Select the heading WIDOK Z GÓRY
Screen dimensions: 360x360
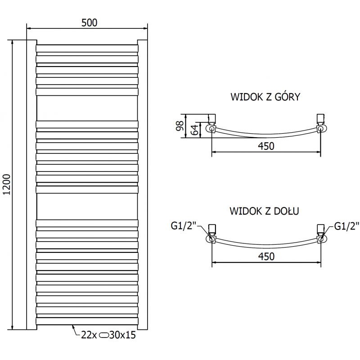coord(265,97)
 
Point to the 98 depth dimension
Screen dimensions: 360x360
coord(180,125)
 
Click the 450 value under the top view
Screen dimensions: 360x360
coord(266,145)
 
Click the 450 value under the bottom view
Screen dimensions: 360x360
coord(266,256)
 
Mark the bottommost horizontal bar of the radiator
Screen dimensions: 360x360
coord(87,321)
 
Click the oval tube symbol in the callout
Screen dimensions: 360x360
coord(103,335)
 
